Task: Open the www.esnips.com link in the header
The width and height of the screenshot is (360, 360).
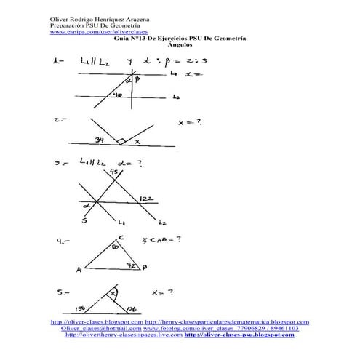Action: pyautogui.click(x=89, y=33)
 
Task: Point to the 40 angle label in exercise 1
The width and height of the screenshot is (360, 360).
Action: pyautogui.click(x=117, y=95)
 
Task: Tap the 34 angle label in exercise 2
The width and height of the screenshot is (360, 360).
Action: pyautogui.click(x=99, y=140)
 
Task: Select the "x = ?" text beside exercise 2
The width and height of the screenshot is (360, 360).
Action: pyautogui.click(x=190, y=124)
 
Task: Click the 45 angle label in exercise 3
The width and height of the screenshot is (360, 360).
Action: pyautogui.click(x=113, y=172)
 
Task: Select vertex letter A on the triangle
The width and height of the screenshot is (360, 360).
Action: pyautogui.click(x=78, y=270)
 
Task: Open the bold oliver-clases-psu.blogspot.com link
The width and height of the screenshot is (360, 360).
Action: pyautogui.click(x=240, y=335)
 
